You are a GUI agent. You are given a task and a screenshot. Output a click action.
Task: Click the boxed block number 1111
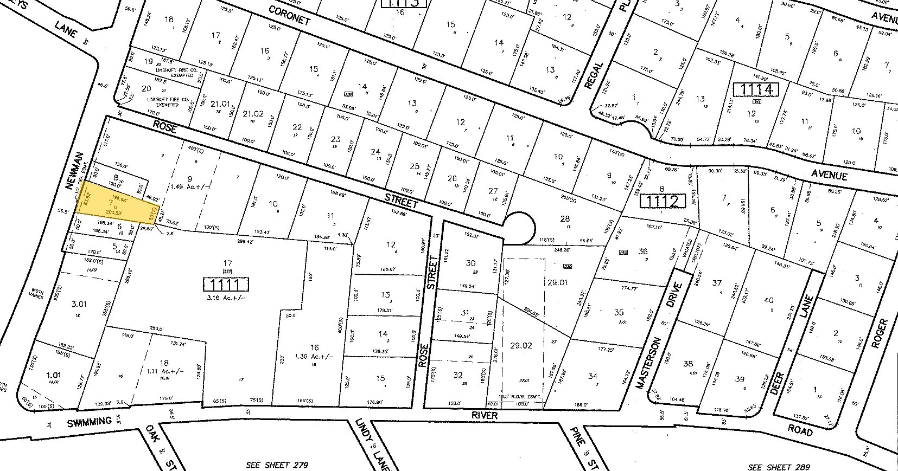coord(226,284)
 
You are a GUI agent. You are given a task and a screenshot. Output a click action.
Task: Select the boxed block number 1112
coord(659,202)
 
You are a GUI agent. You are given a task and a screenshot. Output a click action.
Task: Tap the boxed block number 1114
coord(756,89)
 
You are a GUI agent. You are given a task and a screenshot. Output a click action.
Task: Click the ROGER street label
coord(880,333)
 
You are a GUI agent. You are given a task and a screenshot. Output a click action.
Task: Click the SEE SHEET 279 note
coord(277,465)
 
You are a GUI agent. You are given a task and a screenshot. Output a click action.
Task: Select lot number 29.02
coord(521,345)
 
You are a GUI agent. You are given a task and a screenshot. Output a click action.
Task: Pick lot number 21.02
coord(253,113)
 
